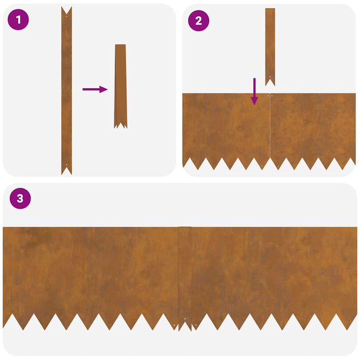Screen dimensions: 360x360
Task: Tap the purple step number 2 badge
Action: [x=199, y=21]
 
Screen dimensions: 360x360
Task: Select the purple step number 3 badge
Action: [x=20, y=199]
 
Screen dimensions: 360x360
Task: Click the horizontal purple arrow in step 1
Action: [x=95, y=89]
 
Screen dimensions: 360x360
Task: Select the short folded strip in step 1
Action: [x=120, y=85]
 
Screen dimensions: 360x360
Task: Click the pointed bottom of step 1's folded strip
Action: [x=120, y=124]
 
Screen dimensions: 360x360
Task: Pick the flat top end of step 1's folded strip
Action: [x=120, y=46]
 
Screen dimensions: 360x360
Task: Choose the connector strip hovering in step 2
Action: [x=269, y=44]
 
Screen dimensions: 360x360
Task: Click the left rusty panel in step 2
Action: [x=225, y=126]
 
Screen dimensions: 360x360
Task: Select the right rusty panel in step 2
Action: [x=313, y=126]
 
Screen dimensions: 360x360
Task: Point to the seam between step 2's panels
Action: [x=269, y=129]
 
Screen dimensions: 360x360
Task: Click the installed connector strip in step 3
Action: [x=185, y=273]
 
